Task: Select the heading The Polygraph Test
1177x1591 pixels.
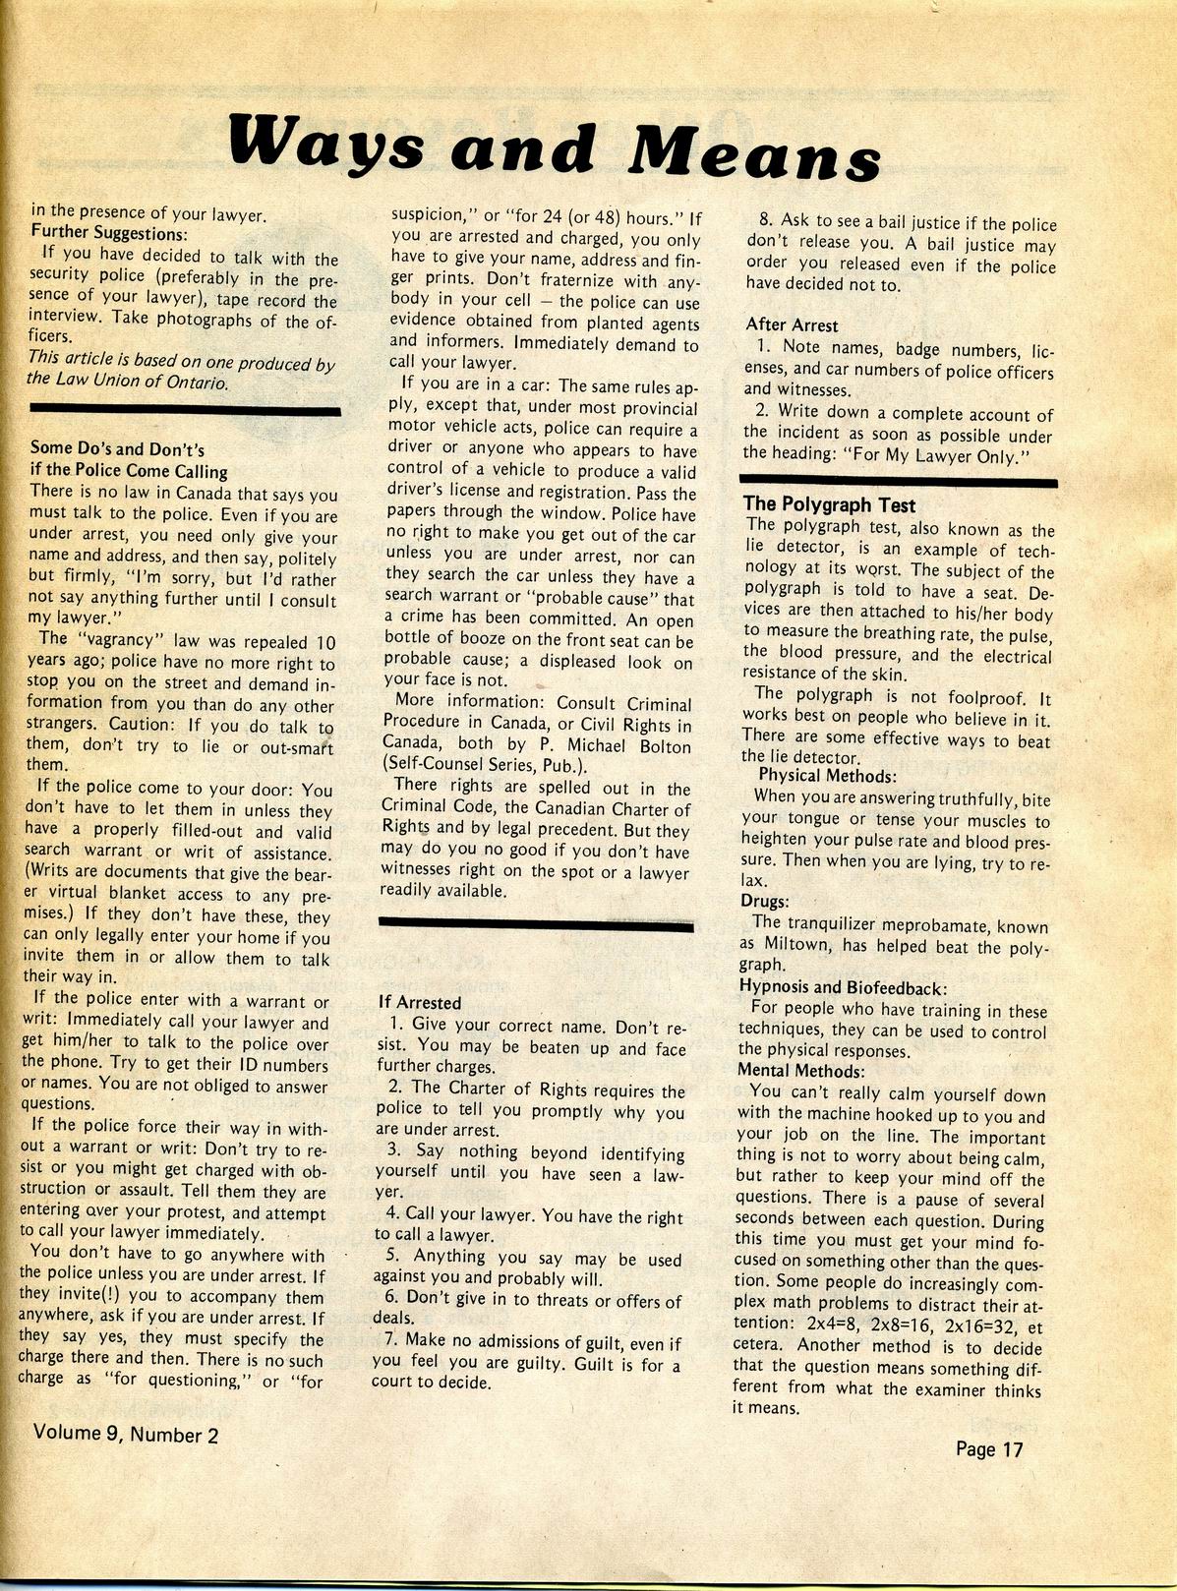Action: (x=829, y=505)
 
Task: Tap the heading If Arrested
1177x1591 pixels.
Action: (x=420, y=1003)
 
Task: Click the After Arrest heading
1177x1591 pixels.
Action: (x=792, y=324)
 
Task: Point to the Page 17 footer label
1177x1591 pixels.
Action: (x=988, y=1449)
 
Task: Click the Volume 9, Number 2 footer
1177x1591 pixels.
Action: (x=126, y=1434)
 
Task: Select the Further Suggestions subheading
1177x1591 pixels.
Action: (x=108, y=233)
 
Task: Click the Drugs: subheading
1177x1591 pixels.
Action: (x=764, y=901)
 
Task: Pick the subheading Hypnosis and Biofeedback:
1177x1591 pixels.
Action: (x=842, y=987)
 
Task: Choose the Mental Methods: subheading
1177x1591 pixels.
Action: (x=801, y=1071)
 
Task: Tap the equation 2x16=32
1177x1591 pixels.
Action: (x=960, y=1325)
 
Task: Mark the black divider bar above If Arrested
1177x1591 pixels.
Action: (x=536, y=925)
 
